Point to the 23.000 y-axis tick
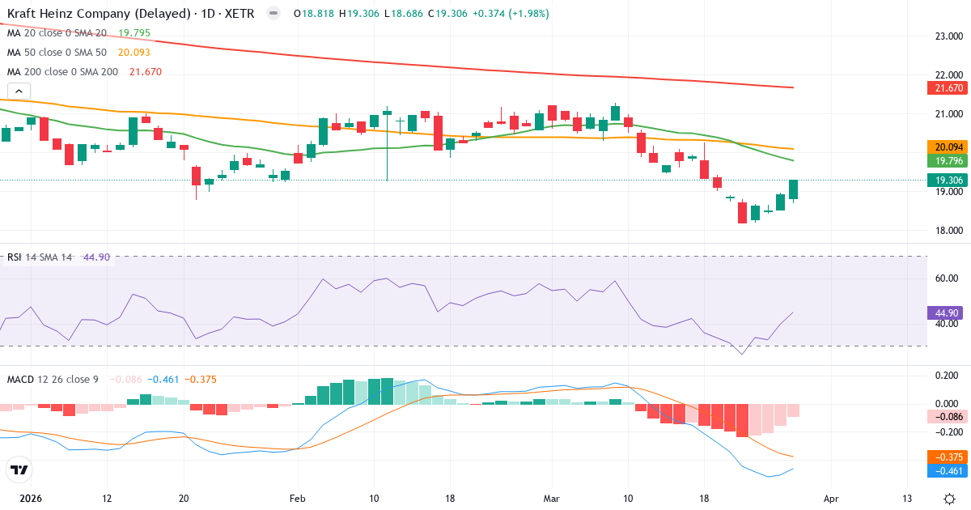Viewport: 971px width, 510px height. pos(948,36)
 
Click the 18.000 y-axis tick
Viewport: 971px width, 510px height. pos(948,231)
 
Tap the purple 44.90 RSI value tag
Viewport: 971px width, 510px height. pos(943,312)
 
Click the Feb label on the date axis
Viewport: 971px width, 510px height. pos(298,498)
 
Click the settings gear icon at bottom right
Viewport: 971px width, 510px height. pos(948,498)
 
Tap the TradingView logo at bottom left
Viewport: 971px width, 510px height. pos(19,470)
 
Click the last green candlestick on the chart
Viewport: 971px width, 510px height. pos(794,189)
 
